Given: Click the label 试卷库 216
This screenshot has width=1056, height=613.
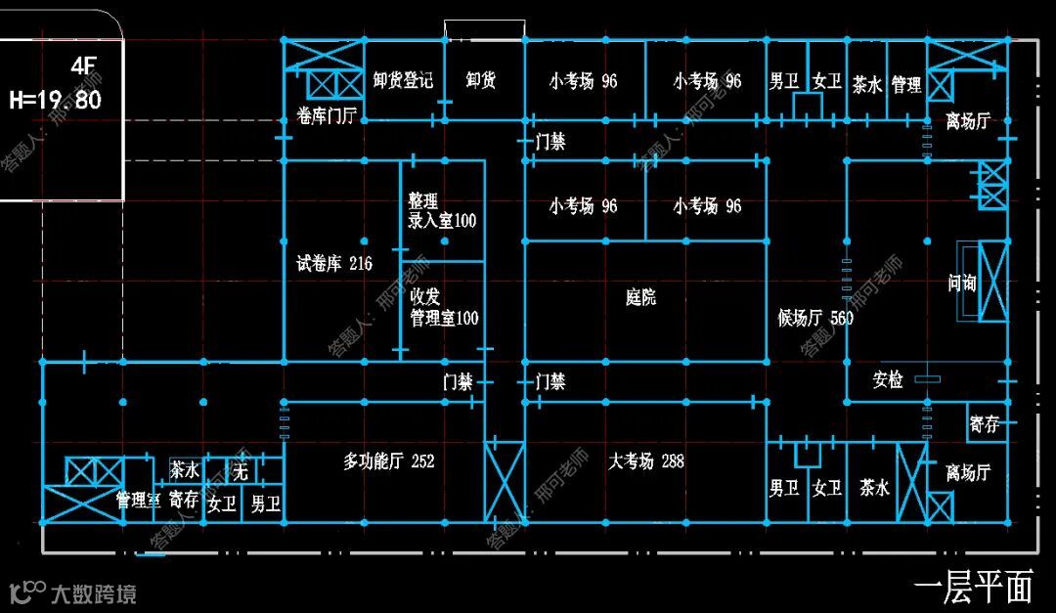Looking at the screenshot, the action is tap(334, 264).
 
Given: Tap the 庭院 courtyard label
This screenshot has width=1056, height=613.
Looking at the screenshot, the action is tap(640, 297).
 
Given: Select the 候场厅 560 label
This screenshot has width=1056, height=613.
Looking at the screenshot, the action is tap(815, 319).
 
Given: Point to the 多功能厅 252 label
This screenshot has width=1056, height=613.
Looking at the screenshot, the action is tap(388, 460).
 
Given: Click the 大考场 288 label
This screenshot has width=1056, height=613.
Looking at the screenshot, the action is tap(645, 460).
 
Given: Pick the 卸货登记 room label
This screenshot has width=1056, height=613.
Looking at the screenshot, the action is tap(403, 80).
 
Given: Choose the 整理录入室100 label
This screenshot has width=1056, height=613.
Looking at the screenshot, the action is tap(442, 211).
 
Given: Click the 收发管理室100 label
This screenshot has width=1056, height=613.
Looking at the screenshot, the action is tap(444, 307).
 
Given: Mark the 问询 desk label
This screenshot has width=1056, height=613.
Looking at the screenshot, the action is tap(962, 284).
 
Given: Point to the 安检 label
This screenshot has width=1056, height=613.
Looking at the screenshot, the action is tap(888, 380).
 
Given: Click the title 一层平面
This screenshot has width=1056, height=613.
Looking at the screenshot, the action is tap(974, 587).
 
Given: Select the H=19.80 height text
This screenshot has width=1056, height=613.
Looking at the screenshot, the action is tap(56, 100).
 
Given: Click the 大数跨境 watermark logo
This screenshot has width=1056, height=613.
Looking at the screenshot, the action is tap(73, 592).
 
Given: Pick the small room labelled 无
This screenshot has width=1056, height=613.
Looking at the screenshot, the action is tap(241, 473).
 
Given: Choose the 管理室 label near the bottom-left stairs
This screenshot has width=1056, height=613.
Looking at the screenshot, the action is tap(138, 501).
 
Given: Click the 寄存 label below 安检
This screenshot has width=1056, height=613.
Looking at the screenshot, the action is tap(984, 425).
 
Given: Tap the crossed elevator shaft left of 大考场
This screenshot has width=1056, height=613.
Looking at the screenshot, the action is tap(505, 483).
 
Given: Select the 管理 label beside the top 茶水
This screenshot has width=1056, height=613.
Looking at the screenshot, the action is tap(906, 85).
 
